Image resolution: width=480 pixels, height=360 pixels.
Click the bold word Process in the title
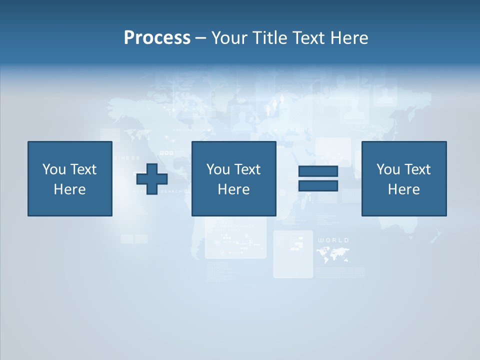[157, 38]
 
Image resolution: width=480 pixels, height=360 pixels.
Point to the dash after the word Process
[201, 38]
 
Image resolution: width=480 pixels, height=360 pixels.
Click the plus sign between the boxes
[152, 178]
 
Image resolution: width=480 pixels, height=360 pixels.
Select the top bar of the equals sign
[318, 171]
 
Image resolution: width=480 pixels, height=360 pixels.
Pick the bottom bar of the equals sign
[318, 185]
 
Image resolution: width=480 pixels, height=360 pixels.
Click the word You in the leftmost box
[54, 169]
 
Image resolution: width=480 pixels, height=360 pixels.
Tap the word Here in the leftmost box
[69, 189]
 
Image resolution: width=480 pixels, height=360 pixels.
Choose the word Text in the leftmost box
[82, 169]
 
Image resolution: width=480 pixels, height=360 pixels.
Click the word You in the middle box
[218, 169]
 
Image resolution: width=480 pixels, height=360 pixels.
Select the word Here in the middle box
[233, 189]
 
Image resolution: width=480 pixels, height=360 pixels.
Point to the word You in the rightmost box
[388, 169]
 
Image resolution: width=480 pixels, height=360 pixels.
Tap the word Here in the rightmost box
[403, 189]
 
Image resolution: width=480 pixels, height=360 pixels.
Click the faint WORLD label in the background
[333, 240]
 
